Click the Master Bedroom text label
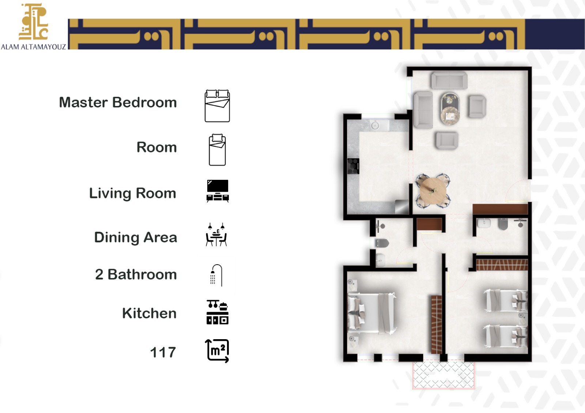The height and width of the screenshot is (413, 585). point(118,102)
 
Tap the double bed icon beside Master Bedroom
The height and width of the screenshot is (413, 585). point(217,106)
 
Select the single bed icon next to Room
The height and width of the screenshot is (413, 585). point(217,150)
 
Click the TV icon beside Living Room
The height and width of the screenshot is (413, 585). point(218,191)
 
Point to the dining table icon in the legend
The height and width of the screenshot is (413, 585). point(216,234)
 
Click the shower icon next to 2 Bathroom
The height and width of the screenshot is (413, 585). point(216,275)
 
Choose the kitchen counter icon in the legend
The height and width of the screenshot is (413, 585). point(217,312)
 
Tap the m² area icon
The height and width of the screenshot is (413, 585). point(217,351)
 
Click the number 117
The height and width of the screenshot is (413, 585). point(163,352)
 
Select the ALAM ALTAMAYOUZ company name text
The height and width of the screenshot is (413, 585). point(33,47)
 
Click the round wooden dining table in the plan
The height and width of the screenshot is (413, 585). point(433,191)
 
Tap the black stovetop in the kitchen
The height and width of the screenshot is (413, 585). point(353,166)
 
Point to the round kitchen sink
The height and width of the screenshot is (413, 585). point(375,126)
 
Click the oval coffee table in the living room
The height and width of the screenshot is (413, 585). point(450,108)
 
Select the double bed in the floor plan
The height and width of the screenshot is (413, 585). point(371,314)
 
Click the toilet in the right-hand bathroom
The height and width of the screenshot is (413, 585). point(503,224)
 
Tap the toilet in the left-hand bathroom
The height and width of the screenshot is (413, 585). point(382,243)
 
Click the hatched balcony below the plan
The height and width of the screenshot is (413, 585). point(444,375)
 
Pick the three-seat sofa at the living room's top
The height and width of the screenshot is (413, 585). point(449,80)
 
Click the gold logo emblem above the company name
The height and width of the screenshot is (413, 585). point(33,22)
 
